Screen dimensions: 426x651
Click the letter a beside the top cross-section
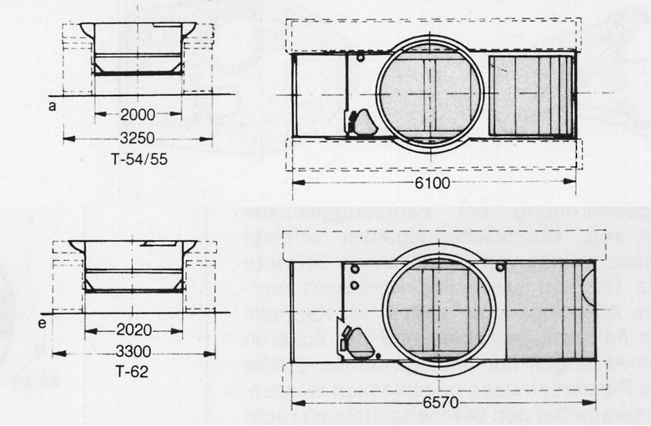(x=51, y=106)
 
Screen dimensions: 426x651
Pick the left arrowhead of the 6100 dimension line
(x=295, y=182)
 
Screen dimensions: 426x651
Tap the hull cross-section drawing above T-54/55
(x=138, y=49)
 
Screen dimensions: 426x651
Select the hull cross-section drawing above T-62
(x=138, y=265)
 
